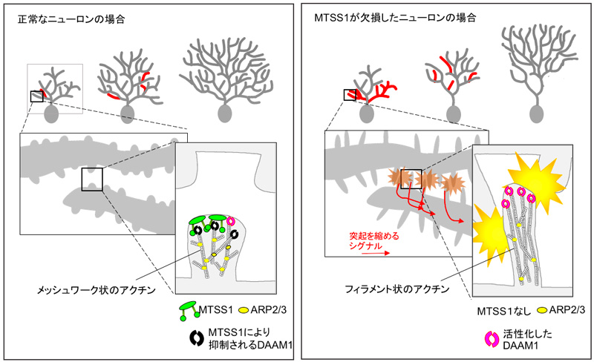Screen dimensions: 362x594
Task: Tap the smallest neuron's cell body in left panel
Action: pyautogui.click(x=51, y=113)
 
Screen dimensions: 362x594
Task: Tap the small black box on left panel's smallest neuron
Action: pyautogui.click(x=36, y=96)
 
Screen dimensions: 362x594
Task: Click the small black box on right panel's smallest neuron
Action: pyautogui.click(x=350, y=94)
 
